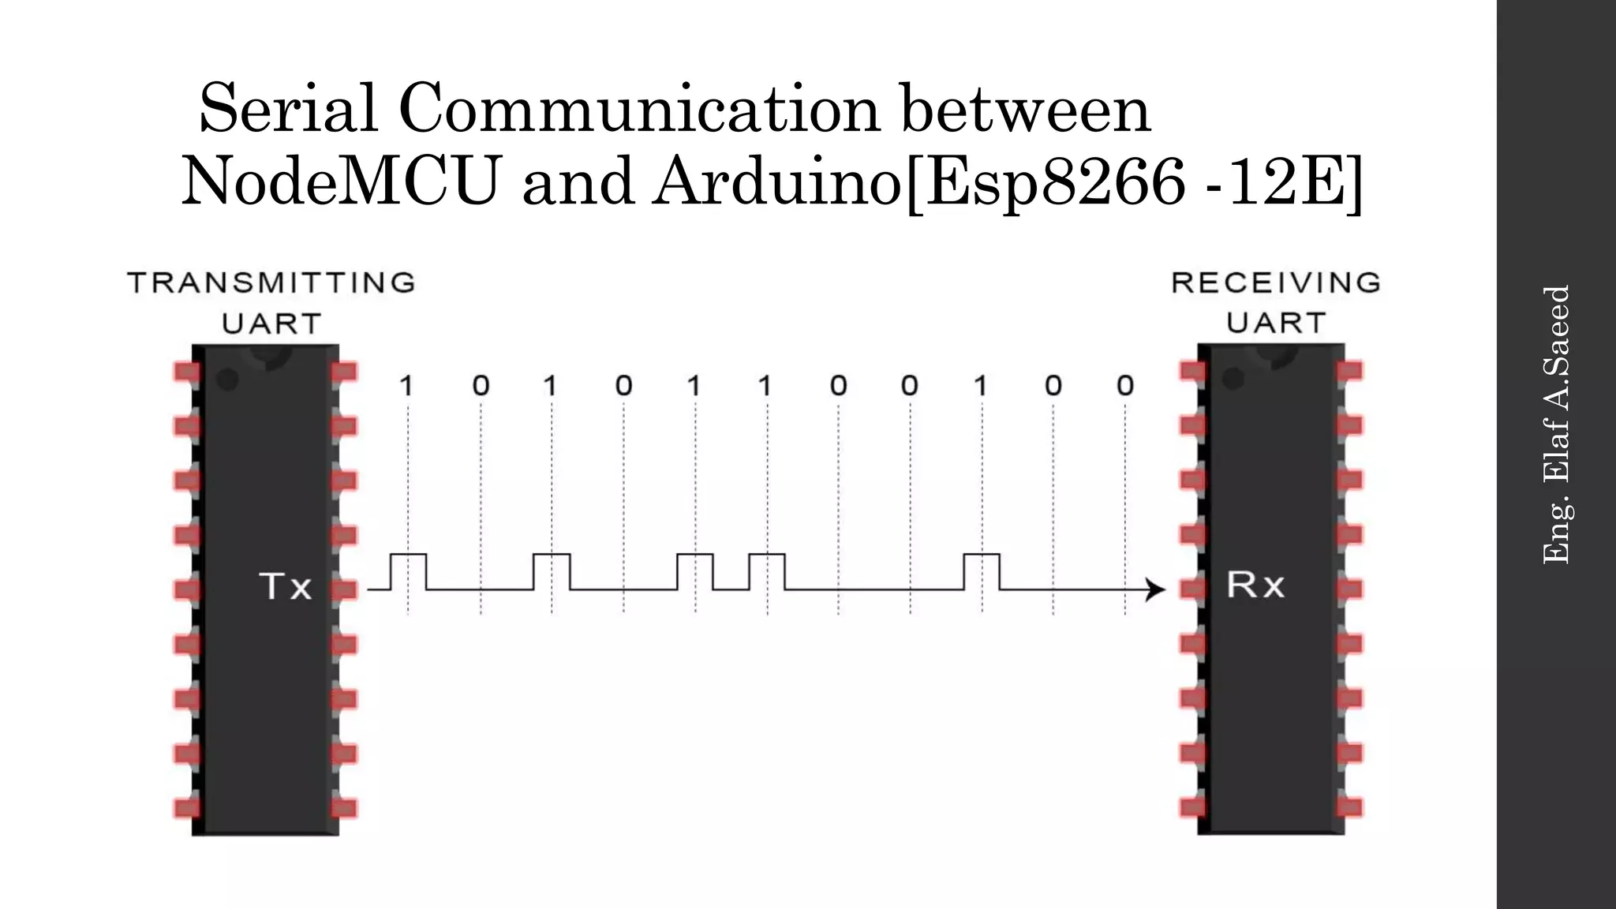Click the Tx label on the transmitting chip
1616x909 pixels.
(285, 586)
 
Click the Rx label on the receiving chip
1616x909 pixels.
(1255, 585)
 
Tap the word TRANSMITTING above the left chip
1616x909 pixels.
(271, 282)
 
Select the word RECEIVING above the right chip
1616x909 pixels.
(1276, 282)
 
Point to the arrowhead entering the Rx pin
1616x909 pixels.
(1157, 589)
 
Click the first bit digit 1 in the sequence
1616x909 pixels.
(406, 386)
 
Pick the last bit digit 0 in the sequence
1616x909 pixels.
(1125, 386)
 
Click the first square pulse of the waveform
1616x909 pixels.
(408, 570)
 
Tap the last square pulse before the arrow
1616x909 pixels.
(982, 570)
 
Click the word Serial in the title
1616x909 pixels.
(289, 109)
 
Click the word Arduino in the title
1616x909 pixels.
(777, 181)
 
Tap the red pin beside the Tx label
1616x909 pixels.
(344, 589)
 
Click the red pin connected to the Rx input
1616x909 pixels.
(1193, 589)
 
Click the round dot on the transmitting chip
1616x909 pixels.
(227, 380)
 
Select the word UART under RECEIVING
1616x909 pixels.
(1276, 323)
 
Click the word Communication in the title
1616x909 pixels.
(639, 109)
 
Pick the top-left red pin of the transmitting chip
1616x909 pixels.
(187, 372)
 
